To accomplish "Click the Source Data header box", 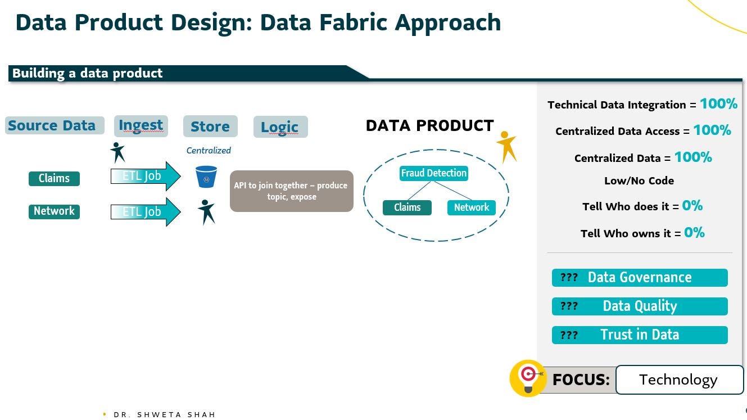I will click(55, 125).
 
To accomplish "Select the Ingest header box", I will click(141, 126).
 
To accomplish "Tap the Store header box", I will click(210, 127).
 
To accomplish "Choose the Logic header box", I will click(280, 127).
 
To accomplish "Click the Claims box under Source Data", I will click(54, 179).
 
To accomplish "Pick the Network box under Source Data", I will click(54, 211).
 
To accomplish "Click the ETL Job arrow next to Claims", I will click(145, 176).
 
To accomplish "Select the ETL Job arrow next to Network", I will click(145, 212).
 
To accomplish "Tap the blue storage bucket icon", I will click(206, 177).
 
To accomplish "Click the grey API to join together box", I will click(291, 191).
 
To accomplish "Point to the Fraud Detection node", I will click(433, 173).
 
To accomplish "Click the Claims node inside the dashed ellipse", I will click(407, 207).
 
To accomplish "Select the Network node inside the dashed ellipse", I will click(471, 207).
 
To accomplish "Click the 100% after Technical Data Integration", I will click(718, 104).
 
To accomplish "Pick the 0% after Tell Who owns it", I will click(694, 232).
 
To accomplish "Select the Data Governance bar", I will click(640, 278).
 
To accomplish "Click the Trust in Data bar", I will click(640, 335).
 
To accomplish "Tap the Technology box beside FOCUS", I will click(679, 380).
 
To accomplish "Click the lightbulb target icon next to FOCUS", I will click(528, 378).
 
